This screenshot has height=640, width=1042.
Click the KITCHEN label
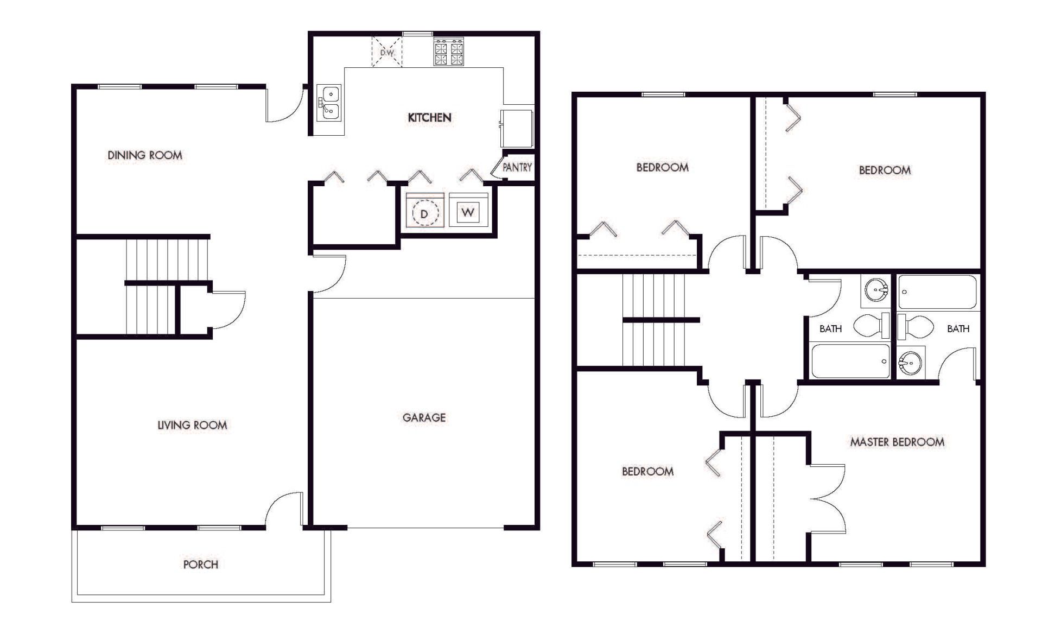[429, 117]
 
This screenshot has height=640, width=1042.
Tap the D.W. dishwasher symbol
[387, 52]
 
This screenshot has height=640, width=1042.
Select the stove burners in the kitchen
[449, 52]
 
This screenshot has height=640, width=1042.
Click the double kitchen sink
[329, 103]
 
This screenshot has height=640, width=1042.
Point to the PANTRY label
[517, 168]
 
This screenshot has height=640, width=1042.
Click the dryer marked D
[424, 213]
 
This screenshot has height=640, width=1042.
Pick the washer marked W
[468, 212]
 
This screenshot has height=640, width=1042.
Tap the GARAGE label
[424, 417]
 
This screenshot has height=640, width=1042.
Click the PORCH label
[200, 565]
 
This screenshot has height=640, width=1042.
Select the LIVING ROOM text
[192, 425]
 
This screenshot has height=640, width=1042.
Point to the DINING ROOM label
[145, 155]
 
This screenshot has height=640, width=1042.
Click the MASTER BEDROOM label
[897, 442]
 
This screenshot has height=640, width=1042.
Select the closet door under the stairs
[228, 309]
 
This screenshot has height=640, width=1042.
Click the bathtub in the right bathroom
[937, 292]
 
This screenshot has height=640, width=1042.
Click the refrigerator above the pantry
[517, 128]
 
